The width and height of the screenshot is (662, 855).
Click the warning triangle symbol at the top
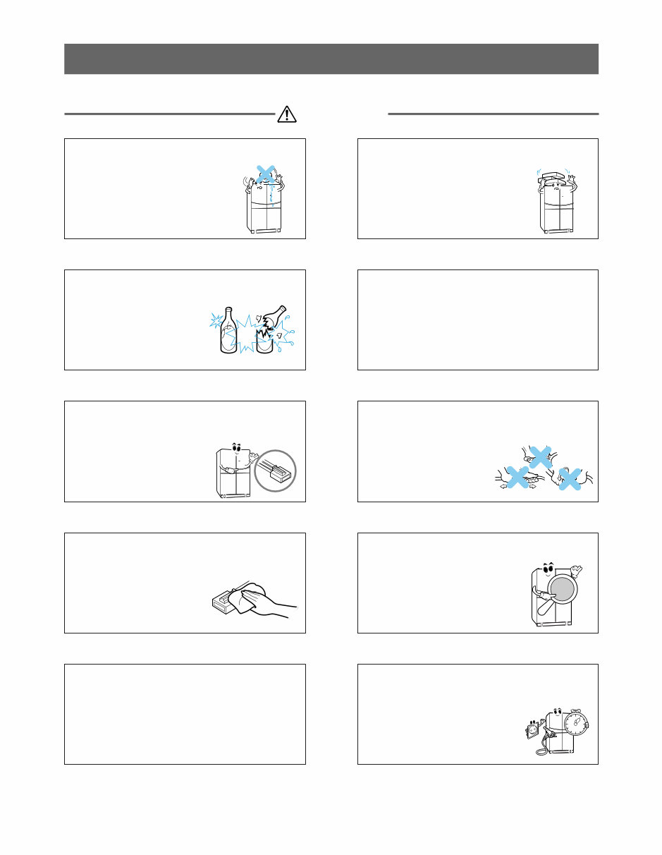286,113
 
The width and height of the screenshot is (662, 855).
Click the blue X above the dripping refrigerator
265,174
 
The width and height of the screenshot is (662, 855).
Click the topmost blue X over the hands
540,457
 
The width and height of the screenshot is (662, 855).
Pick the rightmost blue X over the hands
570,479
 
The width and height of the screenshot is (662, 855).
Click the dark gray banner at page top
331,59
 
